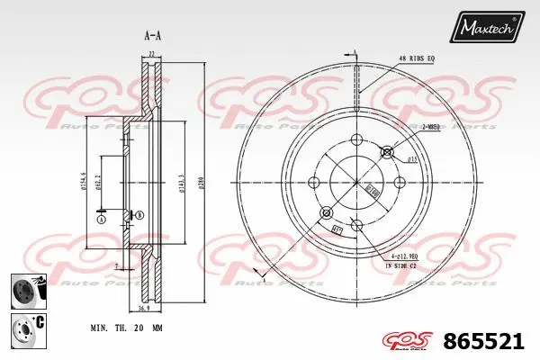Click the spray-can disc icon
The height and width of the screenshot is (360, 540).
(x=26, y=291)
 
